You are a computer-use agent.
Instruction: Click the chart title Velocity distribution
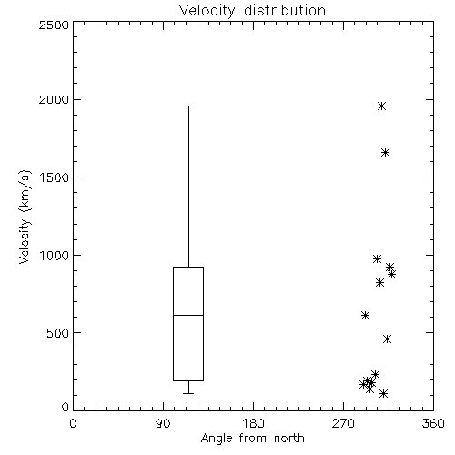pyautogui.click(x=252, y=10)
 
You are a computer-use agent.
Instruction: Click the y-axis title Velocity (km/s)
pyautogui.click(x=25, y=217)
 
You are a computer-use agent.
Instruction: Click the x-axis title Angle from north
pyautogui.click(x=252, y=439)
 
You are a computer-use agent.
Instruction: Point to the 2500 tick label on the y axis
pyautogui.click(x=54, y=25)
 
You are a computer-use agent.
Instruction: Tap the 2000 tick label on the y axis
pyautogui.click(x=54, y=99)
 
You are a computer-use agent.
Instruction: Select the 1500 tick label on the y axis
pyautogui.click(x=55, y=177)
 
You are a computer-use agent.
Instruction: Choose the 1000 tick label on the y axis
pyautogui.click(x=55, y=256)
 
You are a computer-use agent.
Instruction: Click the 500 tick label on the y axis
pyautogui.click(x=57, y=333)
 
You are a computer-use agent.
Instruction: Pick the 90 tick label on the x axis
pyautogui.click(x=163, y=423)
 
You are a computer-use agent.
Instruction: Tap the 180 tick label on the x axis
pyautogui.click(x=253, y=423)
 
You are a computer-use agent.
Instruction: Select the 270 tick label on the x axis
pyautogui.click(x=343, y=423)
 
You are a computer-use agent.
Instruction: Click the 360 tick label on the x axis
pyautogui.click(x=433, y=423)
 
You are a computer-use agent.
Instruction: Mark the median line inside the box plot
pyautogui.click(x=188, y=315)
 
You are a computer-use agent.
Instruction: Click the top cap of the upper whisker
pyautogui.click(x=188, y=106)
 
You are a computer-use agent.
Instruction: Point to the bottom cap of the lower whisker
pyautogui.click(x=188, y=393)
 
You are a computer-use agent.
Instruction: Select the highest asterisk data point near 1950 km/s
pyautogui.click(x=381, y=106)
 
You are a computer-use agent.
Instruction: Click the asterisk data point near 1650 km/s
pyautogui.click(x=385, y=152)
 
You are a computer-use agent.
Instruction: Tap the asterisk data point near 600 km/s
pyautogui.click(x=366, y=315)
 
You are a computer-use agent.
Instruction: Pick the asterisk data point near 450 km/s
pyautogui.click(x=387, y=339)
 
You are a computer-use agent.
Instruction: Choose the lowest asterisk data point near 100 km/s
pyautogui.click(x=384, y=393)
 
